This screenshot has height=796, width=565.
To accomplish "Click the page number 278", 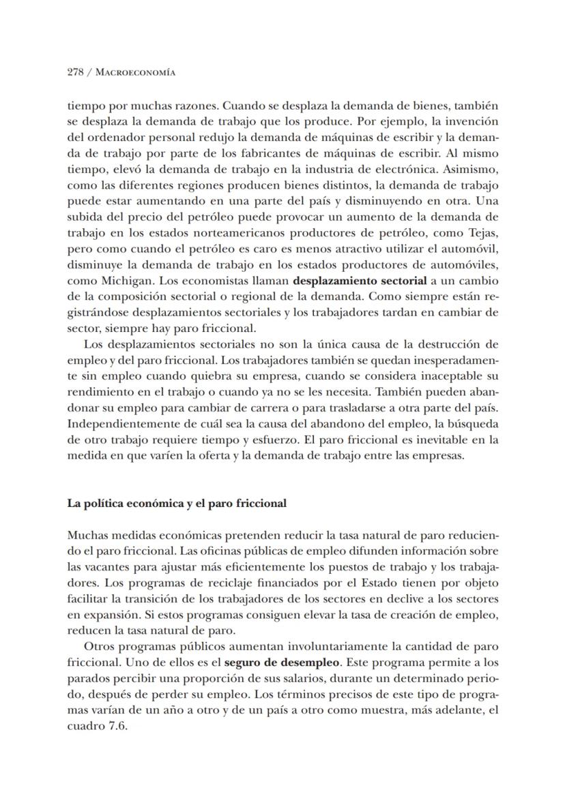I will click(x=75, y=72).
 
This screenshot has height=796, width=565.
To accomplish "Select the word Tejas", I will click(x=483, y=232).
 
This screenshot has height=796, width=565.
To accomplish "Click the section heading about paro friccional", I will click(x=177, y=504).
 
